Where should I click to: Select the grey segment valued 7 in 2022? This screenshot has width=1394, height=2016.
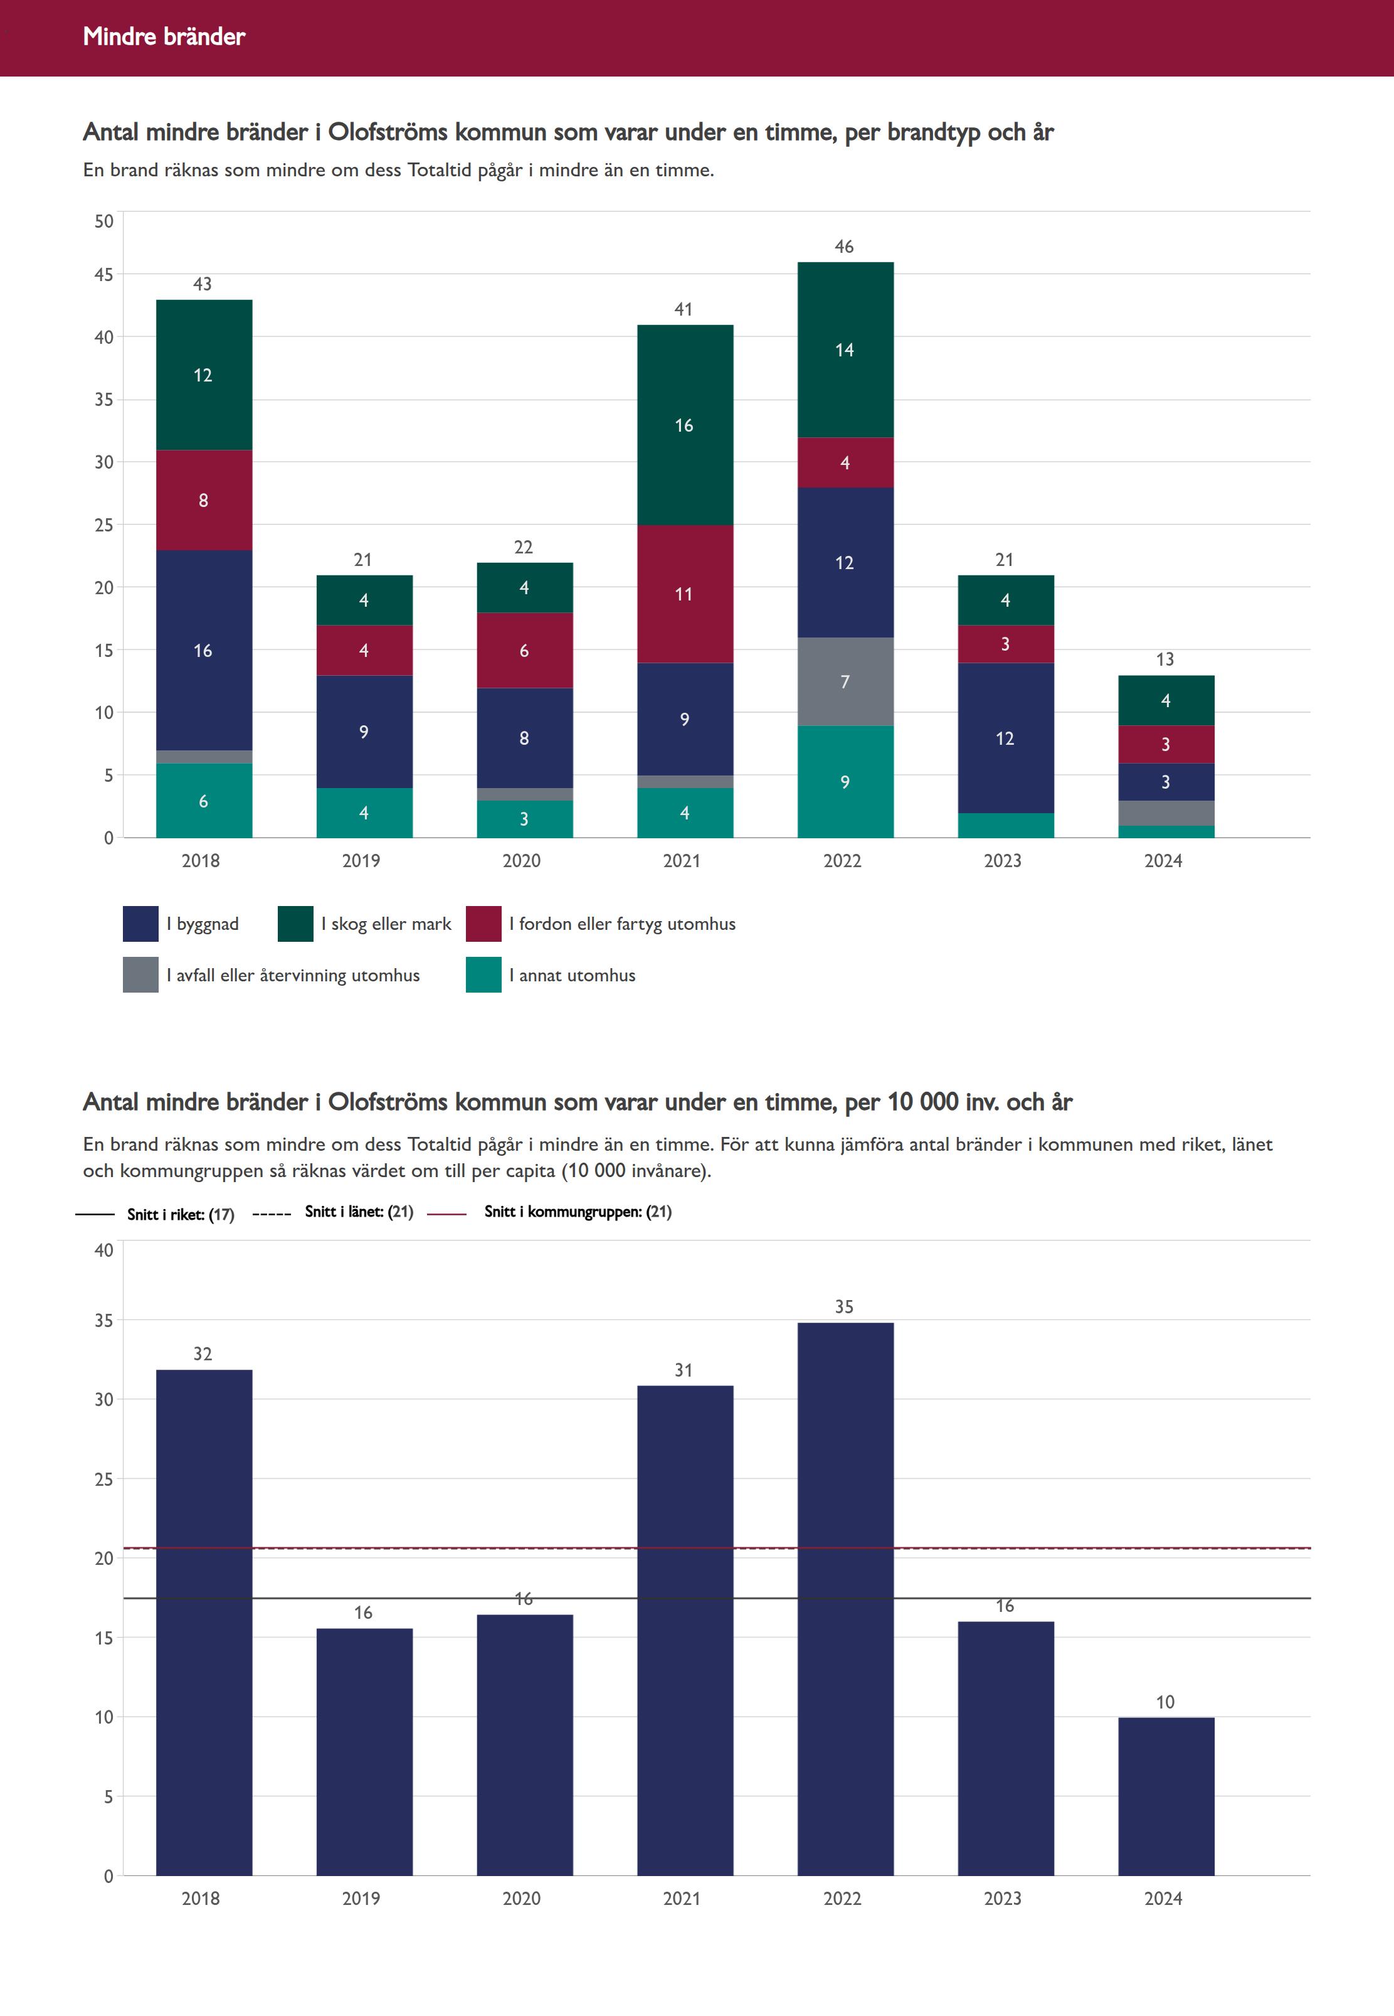coord(845,681)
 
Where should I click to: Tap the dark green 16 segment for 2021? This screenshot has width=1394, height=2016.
coord(684,425)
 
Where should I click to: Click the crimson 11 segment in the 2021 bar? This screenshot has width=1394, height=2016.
coord(684,594)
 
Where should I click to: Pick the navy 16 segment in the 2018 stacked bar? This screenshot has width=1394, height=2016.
coord(204,650)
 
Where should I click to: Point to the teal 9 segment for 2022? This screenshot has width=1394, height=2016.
coord(845,781)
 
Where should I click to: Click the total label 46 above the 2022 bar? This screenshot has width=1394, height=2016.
coord(844,247)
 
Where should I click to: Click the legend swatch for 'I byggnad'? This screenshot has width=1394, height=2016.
coord(140,924)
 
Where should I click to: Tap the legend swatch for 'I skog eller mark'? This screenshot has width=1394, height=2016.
coord(295,924)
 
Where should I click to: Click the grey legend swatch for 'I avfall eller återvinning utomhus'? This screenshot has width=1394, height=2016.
coord(140,975)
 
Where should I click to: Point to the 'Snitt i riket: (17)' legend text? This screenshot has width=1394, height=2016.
coord(181,1215)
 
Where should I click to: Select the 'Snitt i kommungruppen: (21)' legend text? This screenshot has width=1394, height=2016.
coord(578,1212)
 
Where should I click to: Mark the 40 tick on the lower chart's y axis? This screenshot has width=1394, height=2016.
coord(104,1251)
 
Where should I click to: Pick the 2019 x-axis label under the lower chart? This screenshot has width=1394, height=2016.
coord(361,1899)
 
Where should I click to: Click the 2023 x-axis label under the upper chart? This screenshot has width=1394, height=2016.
coord(1003,861)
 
